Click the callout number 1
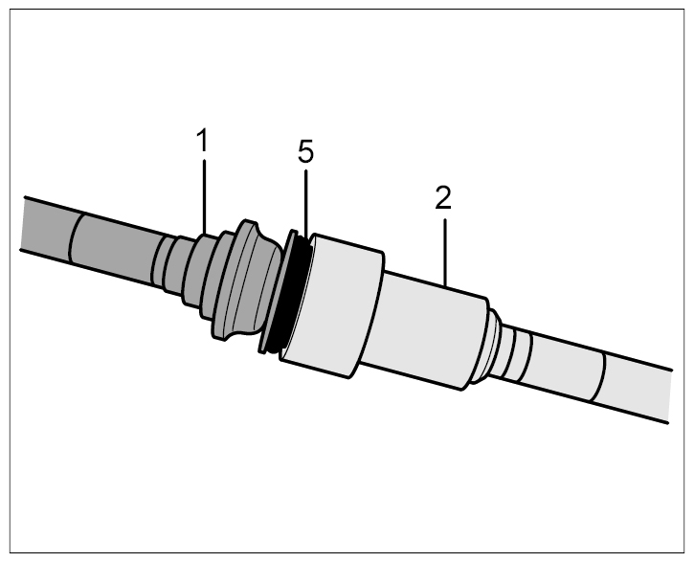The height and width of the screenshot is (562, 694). [x=202, y=140]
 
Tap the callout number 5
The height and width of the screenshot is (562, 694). [x=305, y=151]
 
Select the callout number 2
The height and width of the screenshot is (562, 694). [x=443, y=197]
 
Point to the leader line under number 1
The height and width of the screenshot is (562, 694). [x=204, y=197]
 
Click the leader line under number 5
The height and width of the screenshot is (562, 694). [x=305, y=203]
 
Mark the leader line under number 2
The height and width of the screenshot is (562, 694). [x=445, y=252]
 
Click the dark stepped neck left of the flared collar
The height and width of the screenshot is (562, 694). [x=176, y=269]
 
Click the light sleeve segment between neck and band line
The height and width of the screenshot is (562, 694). [x=562, y=368]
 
